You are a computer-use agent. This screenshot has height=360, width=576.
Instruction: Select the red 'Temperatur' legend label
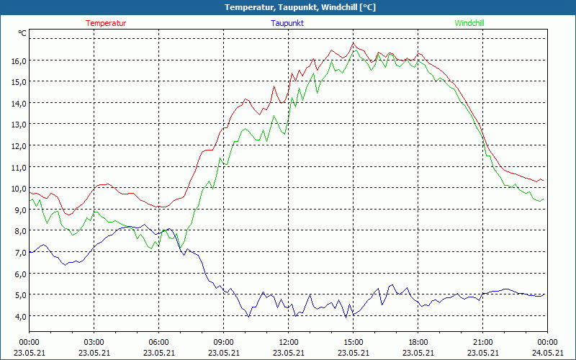point(106,23)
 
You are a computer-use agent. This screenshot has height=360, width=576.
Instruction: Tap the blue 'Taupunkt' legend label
point(287,23)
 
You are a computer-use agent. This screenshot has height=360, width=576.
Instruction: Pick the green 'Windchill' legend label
point(469,23)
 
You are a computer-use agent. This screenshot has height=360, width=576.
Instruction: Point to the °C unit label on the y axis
point(22,33)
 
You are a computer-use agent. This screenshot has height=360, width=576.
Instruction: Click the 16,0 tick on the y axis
point(18,60)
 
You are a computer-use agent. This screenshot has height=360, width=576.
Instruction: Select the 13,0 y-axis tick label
point(18,125)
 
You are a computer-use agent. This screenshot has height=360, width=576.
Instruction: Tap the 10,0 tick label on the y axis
point(18,189)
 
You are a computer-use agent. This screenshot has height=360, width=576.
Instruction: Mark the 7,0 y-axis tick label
point(18,253)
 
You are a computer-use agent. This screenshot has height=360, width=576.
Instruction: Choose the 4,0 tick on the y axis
point(18,316)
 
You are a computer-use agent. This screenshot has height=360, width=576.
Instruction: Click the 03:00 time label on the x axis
point(94,342)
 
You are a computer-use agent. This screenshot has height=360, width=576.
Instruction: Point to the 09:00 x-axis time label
point(223,342)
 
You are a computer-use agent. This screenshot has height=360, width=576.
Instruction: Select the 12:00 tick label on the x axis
point(288,342)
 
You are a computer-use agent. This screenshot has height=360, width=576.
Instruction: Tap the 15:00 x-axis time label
point(353,342)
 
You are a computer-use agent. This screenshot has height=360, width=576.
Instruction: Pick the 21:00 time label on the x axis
point(482,342)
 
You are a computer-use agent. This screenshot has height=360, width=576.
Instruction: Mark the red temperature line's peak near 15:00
point(353,43)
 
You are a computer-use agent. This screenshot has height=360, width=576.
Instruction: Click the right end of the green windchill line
point(542,199)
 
